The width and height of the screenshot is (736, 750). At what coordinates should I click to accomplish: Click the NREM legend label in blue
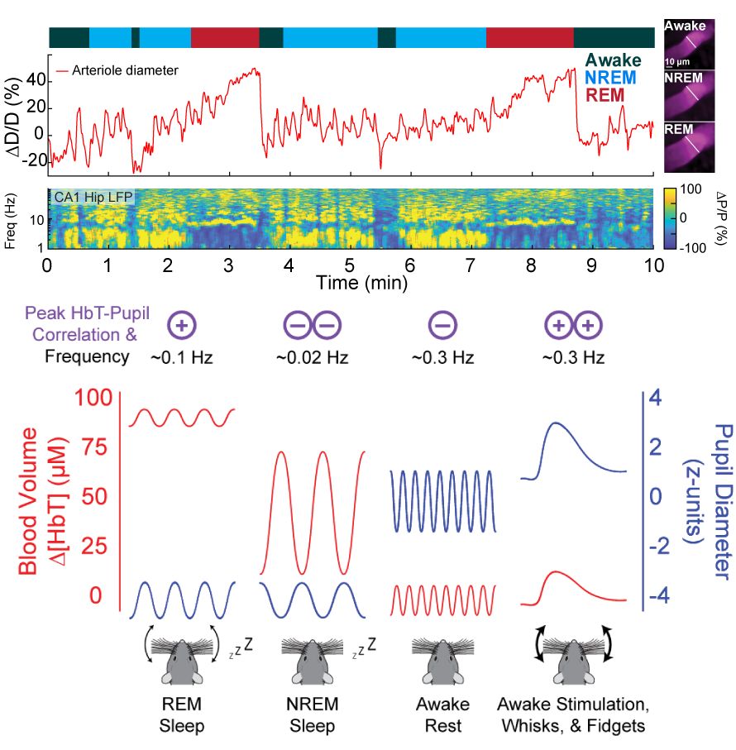(x=610, y=78)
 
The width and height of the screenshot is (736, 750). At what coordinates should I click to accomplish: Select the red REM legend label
(x=605, y=95)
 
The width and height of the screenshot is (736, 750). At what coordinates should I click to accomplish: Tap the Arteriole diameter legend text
(x=125, y=70)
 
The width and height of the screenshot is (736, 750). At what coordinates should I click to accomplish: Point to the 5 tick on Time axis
(x=350, y=265)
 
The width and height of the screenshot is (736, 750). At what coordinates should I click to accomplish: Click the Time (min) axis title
(x=361, y=283)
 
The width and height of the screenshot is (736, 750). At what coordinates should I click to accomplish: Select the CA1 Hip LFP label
(x=93, y=197)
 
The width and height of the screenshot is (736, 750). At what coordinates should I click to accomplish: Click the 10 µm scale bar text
(x=677, y=62)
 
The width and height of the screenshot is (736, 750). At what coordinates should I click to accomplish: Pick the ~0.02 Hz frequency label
(x=313, y=357)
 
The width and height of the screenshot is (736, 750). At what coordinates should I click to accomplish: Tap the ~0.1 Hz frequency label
(x=182, y=357)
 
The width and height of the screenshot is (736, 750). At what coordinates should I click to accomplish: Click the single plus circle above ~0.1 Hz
(x=182, y=325)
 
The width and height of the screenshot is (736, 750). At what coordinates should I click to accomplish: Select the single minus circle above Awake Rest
(x=443, y=325)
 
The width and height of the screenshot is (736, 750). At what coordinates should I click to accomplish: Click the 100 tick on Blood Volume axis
(x=93, y=398)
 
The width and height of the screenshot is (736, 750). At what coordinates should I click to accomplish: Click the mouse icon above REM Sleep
(x=182, y=661)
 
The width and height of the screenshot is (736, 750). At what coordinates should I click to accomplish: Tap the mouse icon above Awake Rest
(x=443, y=661)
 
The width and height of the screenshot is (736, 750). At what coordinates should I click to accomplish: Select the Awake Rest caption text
(x=443, y=715)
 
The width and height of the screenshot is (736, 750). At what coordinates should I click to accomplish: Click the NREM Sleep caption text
(x=313, y=715)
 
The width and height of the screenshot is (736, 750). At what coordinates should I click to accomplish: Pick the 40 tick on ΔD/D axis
(x=36, y=79)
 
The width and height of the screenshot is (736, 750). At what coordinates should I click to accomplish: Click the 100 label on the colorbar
(x=691, y=189)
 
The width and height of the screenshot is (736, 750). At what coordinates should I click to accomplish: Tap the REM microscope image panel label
(x=679, y=129)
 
